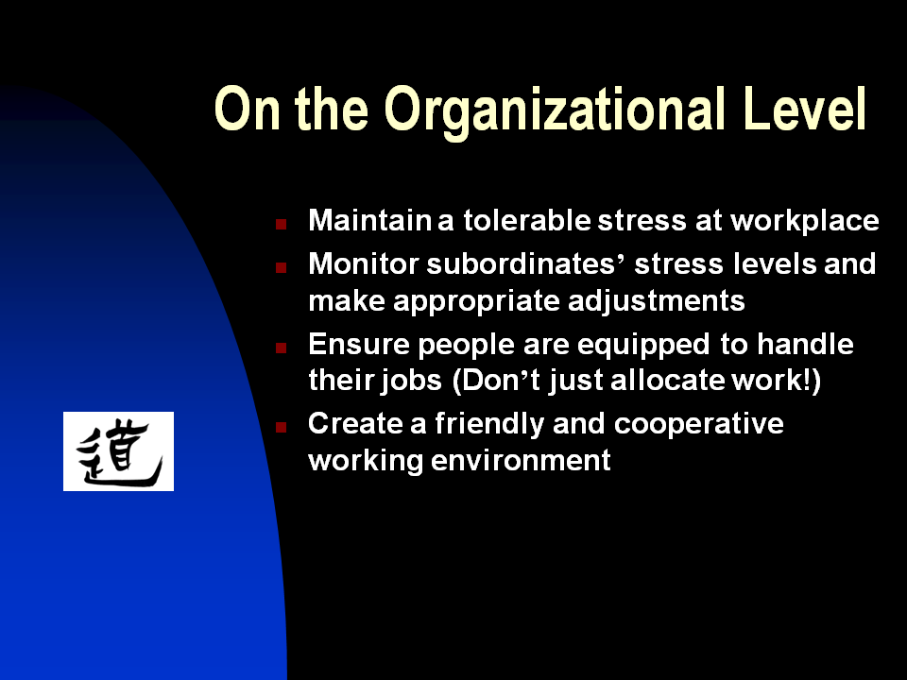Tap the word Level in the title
pos(805,108)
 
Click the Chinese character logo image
pos(119,451)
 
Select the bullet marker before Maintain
pos(282,224)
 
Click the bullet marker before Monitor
pos(282,267)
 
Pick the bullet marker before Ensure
pos(282,348)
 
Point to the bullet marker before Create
pos(282,427)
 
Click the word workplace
pos(805,221)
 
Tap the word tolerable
pos(527,220)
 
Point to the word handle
pos(805,344)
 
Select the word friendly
pos(489,424)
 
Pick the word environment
pos(521,461)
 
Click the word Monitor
pos(363,263)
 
